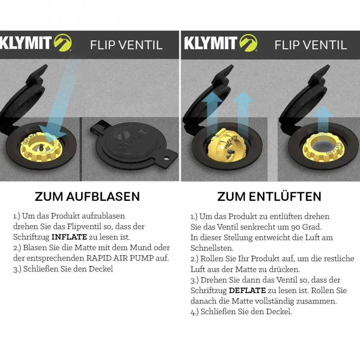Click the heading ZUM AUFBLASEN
coord(87,197)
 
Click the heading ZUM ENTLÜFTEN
coord(269,196)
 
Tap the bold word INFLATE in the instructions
coord(69,237)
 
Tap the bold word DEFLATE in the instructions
coord(247,291)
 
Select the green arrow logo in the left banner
coord(63,42)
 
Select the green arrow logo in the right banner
coord(248,43)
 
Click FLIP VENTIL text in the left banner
coord(126,45)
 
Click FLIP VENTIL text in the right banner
coord(311,45)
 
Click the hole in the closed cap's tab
coord(166,158)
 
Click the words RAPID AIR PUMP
coord(120,258)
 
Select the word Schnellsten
coord(212,248)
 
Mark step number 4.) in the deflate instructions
coord(194,312)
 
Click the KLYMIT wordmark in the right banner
coord(211,43)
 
